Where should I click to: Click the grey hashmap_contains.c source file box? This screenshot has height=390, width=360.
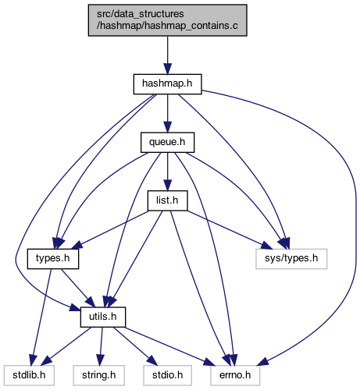(167, 20)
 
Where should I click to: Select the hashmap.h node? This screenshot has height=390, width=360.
(167, 84)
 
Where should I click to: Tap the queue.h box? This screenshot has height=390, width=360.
(167, 143)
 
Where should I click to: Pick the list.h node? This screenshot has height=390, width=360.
(167, 200)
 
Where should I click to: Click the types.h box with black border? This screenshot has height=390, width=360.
(53, 259)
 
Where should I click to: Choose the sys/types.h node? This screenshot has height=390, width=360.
(291, 259)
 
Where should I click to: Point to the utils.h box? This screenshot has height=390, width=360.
(103, 317)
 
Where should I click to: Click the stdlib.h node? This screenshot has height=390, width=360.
(29, 375)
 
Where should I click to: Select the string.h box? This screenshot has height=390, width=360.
(99, 375)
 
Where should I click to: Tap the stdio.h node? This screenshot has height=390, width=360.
(167, 375)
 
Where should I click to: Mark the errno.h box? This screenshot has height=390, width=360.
(235, 375)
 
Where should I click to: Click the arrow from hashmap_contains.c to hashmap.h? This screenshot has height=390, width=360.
(167, 55)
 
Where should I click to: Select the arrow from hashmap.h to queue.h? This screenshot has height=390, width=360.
(167, 113)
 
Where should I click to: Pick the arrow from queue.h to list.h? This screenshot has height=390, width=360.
(167, 172)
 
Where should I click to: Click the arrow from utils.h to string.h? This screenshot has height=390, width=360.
(101, 346)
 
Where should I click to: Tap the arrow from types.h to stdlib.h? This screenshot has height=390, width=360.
(41, 317)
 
